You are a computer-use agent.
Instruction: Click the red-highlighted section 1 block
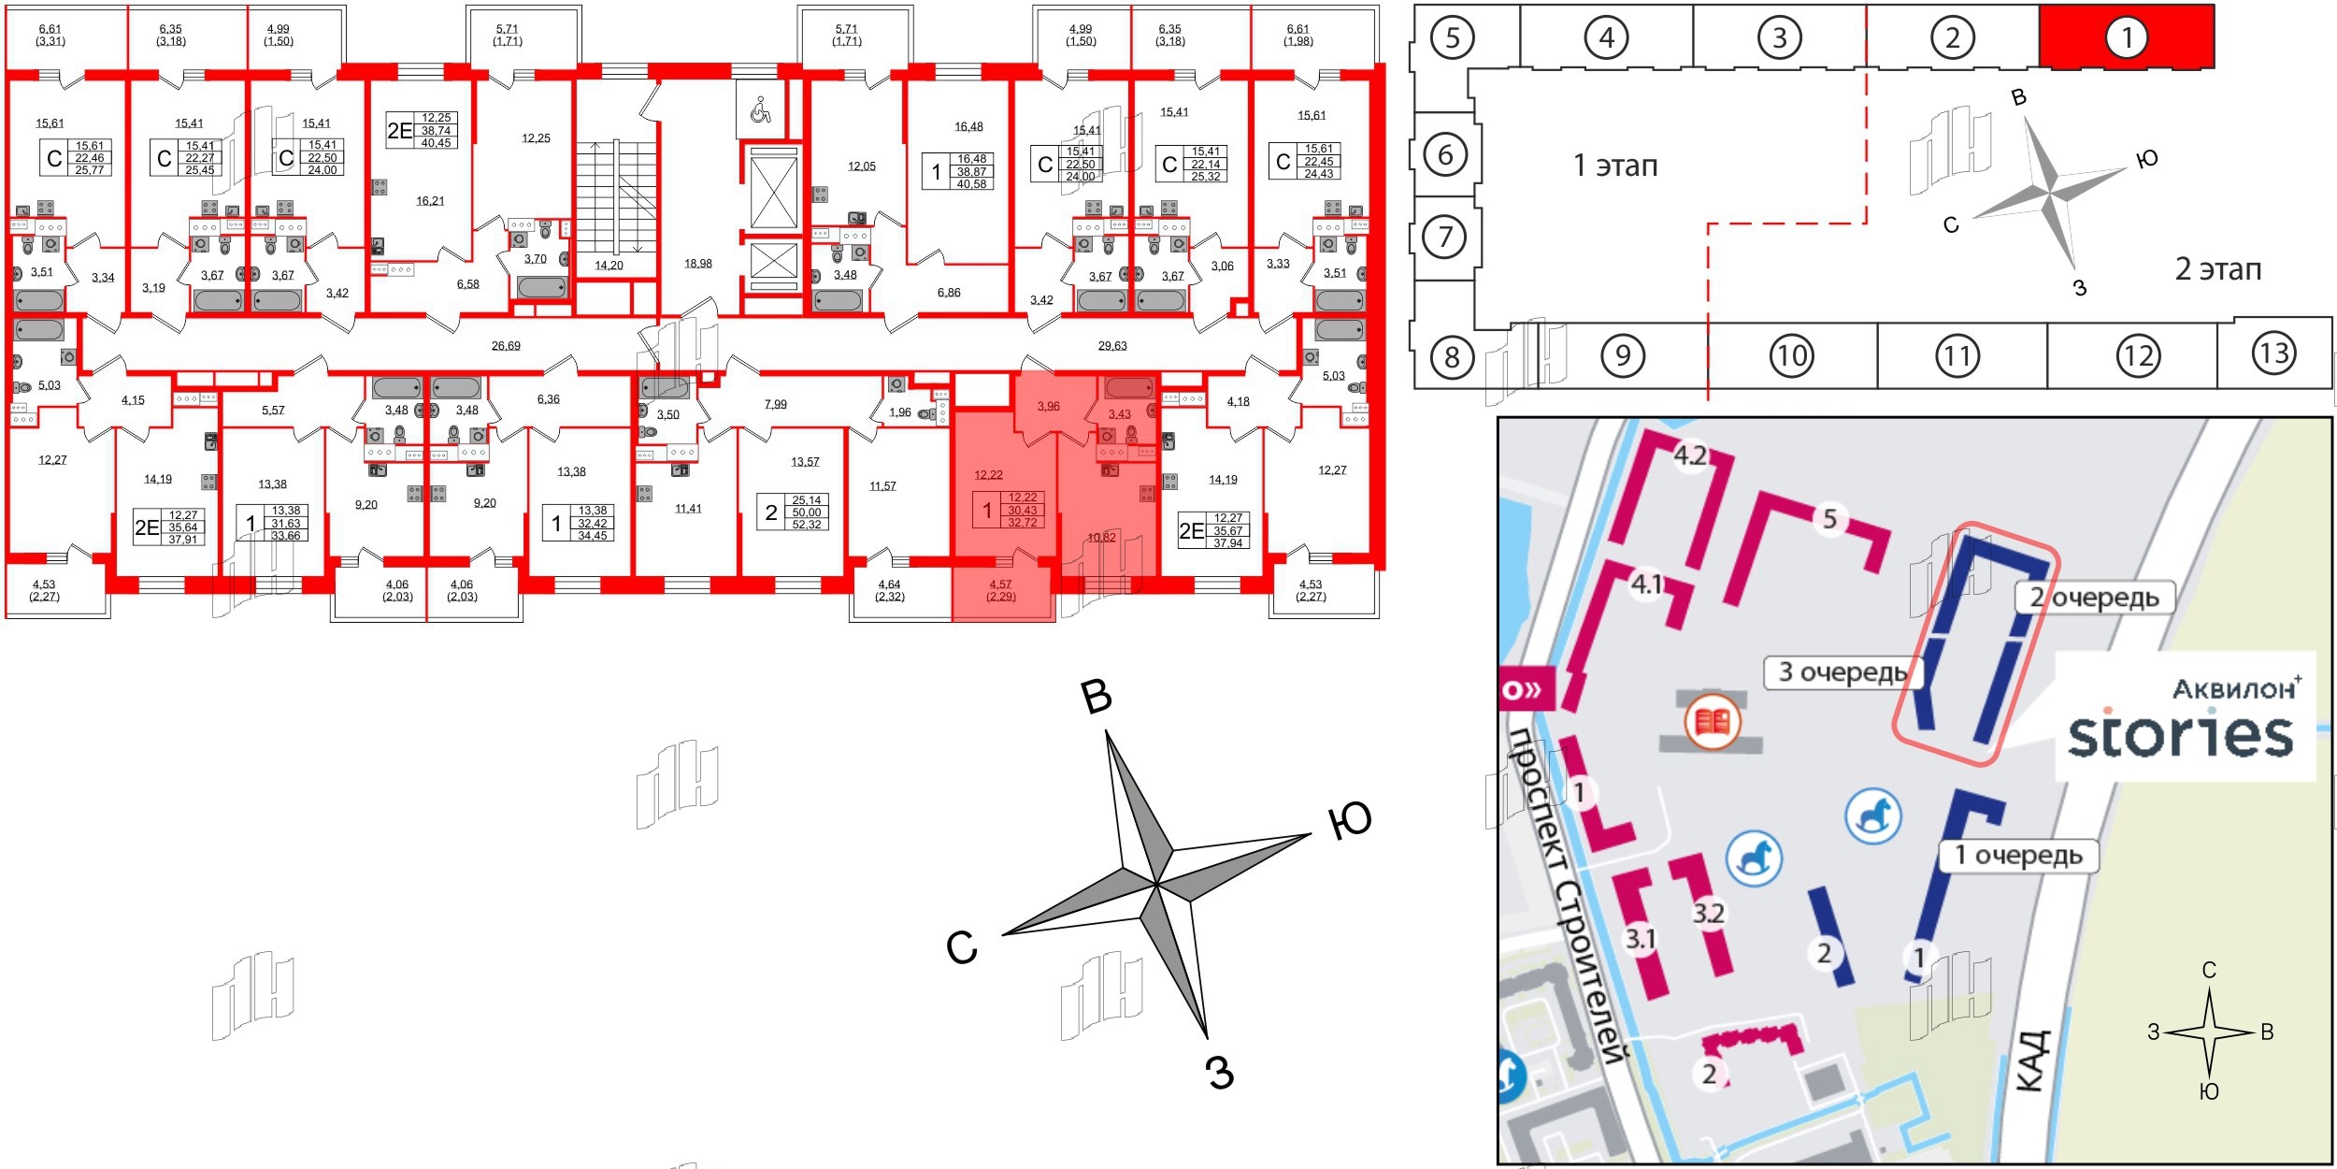click(2126, 37)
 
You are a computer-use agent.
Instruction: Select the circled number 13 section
click(2273, 354)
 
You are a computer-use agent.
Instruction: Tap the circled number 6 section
click(1445, 154)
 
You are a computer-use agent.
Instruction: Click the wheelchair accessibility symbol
click(760, 110)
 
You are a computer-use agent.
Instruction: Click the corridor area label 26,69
click(506, 346)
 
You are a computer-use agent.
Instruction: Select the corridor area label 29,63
click(1111, 346)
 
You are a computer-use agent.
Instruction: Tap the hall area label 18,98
click(697, 264)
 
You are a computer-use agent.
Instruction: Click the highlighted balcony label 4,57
click(1000, 584)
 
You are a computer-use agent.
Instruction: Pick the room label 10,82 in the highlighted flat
click(1102, 538)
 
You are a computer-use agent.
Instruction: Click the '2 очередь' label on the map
click(2093, 598)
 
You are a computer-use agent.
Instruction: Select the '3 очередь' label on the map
click(1841, 672)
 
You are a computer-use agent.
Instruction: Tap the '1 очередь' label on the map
click(2018, 855)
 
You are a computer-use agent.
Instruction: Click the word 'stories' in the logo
click(2180, 736)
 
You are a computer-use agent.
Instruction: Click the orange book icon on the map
click(1712, 722)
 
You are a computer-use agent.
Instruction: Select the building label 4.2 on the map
click(1689, 456)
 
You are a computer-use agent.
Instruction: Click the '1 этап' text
click(1615, 166)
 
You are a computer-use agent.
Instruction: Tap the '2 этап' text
click(2217, 269)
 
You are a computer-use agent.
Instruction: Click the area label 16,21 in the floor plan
click(430, 201)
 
